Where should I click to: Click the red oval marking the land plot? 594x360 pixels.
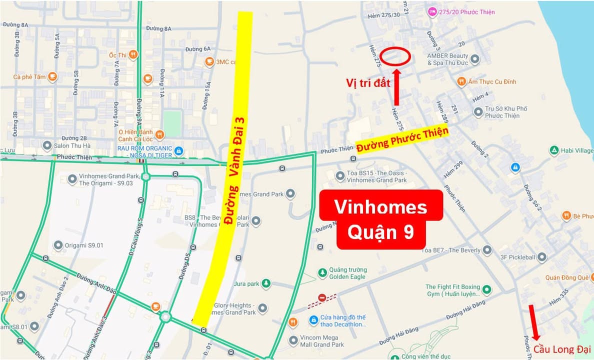(395, 56)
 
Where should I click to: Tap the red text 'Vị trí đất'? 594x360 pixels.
(368, 83)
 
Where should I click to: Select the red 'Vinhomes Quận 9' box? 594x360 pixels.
(380, 219)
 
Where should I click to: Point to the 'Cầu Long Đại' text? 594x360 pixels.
(562, 349)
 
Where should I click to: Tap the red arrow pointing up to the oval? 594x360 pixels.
(397, 87)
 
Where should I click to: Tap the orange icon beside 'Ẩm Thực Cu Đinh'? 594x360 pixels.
(461, 81)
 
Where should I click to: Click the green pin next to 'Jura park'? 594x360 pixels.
(266, 283)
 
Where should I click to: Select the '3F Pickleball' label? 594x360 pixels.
(517, 257)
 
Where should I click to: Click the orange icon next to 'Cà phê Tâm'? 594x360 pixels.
(52, 76)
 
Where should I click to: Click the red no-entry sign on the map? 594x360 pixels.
(322, 297)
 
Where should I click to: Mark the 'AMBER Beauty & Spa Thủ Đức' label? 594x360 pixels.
(447, 59)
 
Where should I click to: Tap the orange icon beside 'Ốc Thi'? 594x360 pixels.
(133, 55)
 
